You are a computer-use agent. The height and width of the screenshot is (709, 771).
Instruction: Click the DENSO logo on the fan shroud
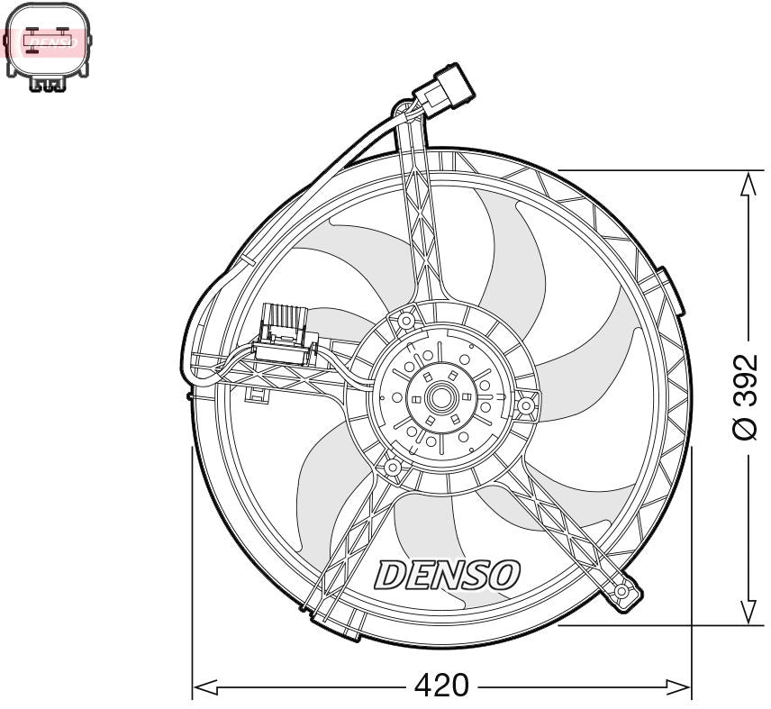(x=448, y=574)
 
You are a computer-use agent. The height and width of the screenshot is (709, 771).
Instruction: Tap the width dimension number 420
(x=441, y=686)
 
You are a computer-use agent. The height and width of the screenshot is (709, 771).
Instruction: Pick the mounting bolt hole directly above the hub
(x=406, y=320)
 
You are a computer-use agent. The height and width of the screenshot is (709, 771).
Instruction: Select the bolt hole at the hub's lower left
(x=393, y=468)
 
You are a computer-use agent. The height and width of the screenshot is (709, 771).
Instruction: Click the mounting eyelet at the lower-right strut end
(x=624, y=592)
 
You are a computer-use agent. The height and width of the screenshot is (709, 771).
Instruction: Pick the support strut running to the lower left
(x=351, y=541)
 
